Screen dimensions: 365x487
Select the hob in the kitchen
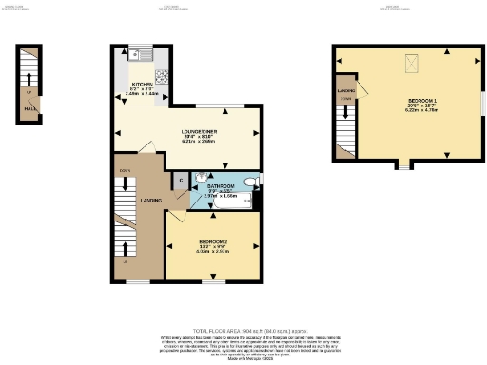tap(162, 77)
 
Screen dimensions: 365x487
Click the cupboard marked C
tap(180, 180)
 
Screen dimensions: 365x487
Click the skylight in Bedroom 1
tap(411, 65)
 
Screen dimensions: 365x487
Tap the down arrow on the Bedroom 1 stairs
tap(344, 98)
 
